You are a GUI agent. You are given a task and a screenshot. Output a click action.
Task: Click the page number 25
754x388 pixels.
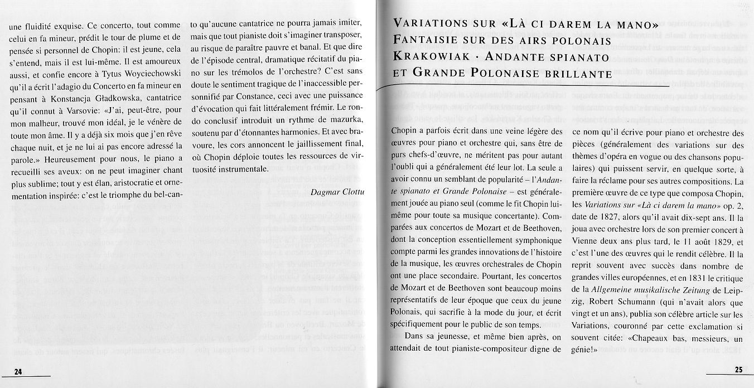[738, 370]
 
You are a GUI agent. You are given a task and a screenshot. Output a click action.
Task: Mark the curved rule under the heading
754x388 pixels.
[519, 88]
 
